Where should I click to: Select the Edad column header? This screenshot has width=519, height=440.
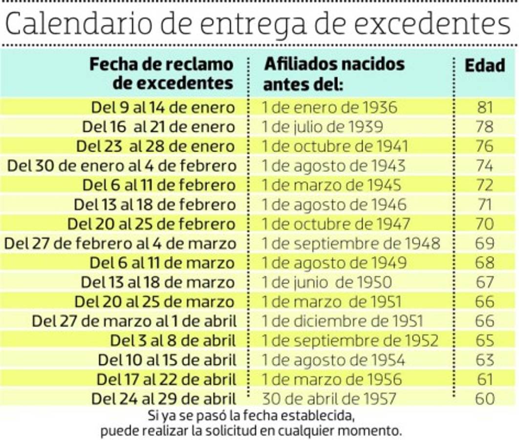(484, 66)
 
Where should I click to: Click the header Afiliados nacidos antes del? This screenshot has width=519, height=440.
(334, 74)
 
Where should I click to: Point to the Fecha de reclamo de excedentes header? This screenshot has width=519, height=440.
(161, 74)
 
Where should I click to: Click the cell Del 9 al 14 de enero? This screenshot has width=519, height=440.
(163, 108)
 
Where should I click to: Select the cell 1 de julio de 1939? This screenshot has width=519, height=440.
(322, 127)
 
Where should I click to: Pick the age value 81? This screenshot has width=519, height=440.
(484, 108)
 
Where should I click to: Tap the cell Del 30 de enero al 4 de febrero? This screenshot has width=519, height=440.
(122, 166)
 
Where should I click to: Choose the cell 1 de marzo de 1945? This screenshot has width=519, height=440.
(331, 185)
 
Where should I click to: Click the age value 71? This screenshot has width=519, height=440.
(484, 204)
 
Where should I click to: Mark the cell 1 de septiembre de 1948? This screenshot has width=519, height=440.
(351, 243)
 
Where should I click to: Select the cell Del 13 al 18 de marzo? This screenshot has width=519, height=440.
(157, 282)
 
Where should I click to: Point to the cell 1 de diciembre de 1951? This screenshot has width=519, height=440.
(342, 321)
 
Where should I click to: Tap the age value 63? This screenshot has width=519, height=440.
(484, 360)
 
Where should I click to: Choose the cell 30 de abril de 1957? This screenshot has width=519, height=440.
(328, 398)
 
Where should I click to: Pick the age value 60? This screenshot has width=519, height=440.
(484, 398)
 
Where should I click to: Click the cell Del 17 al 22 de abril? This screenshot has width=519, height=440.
(166, 379)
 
